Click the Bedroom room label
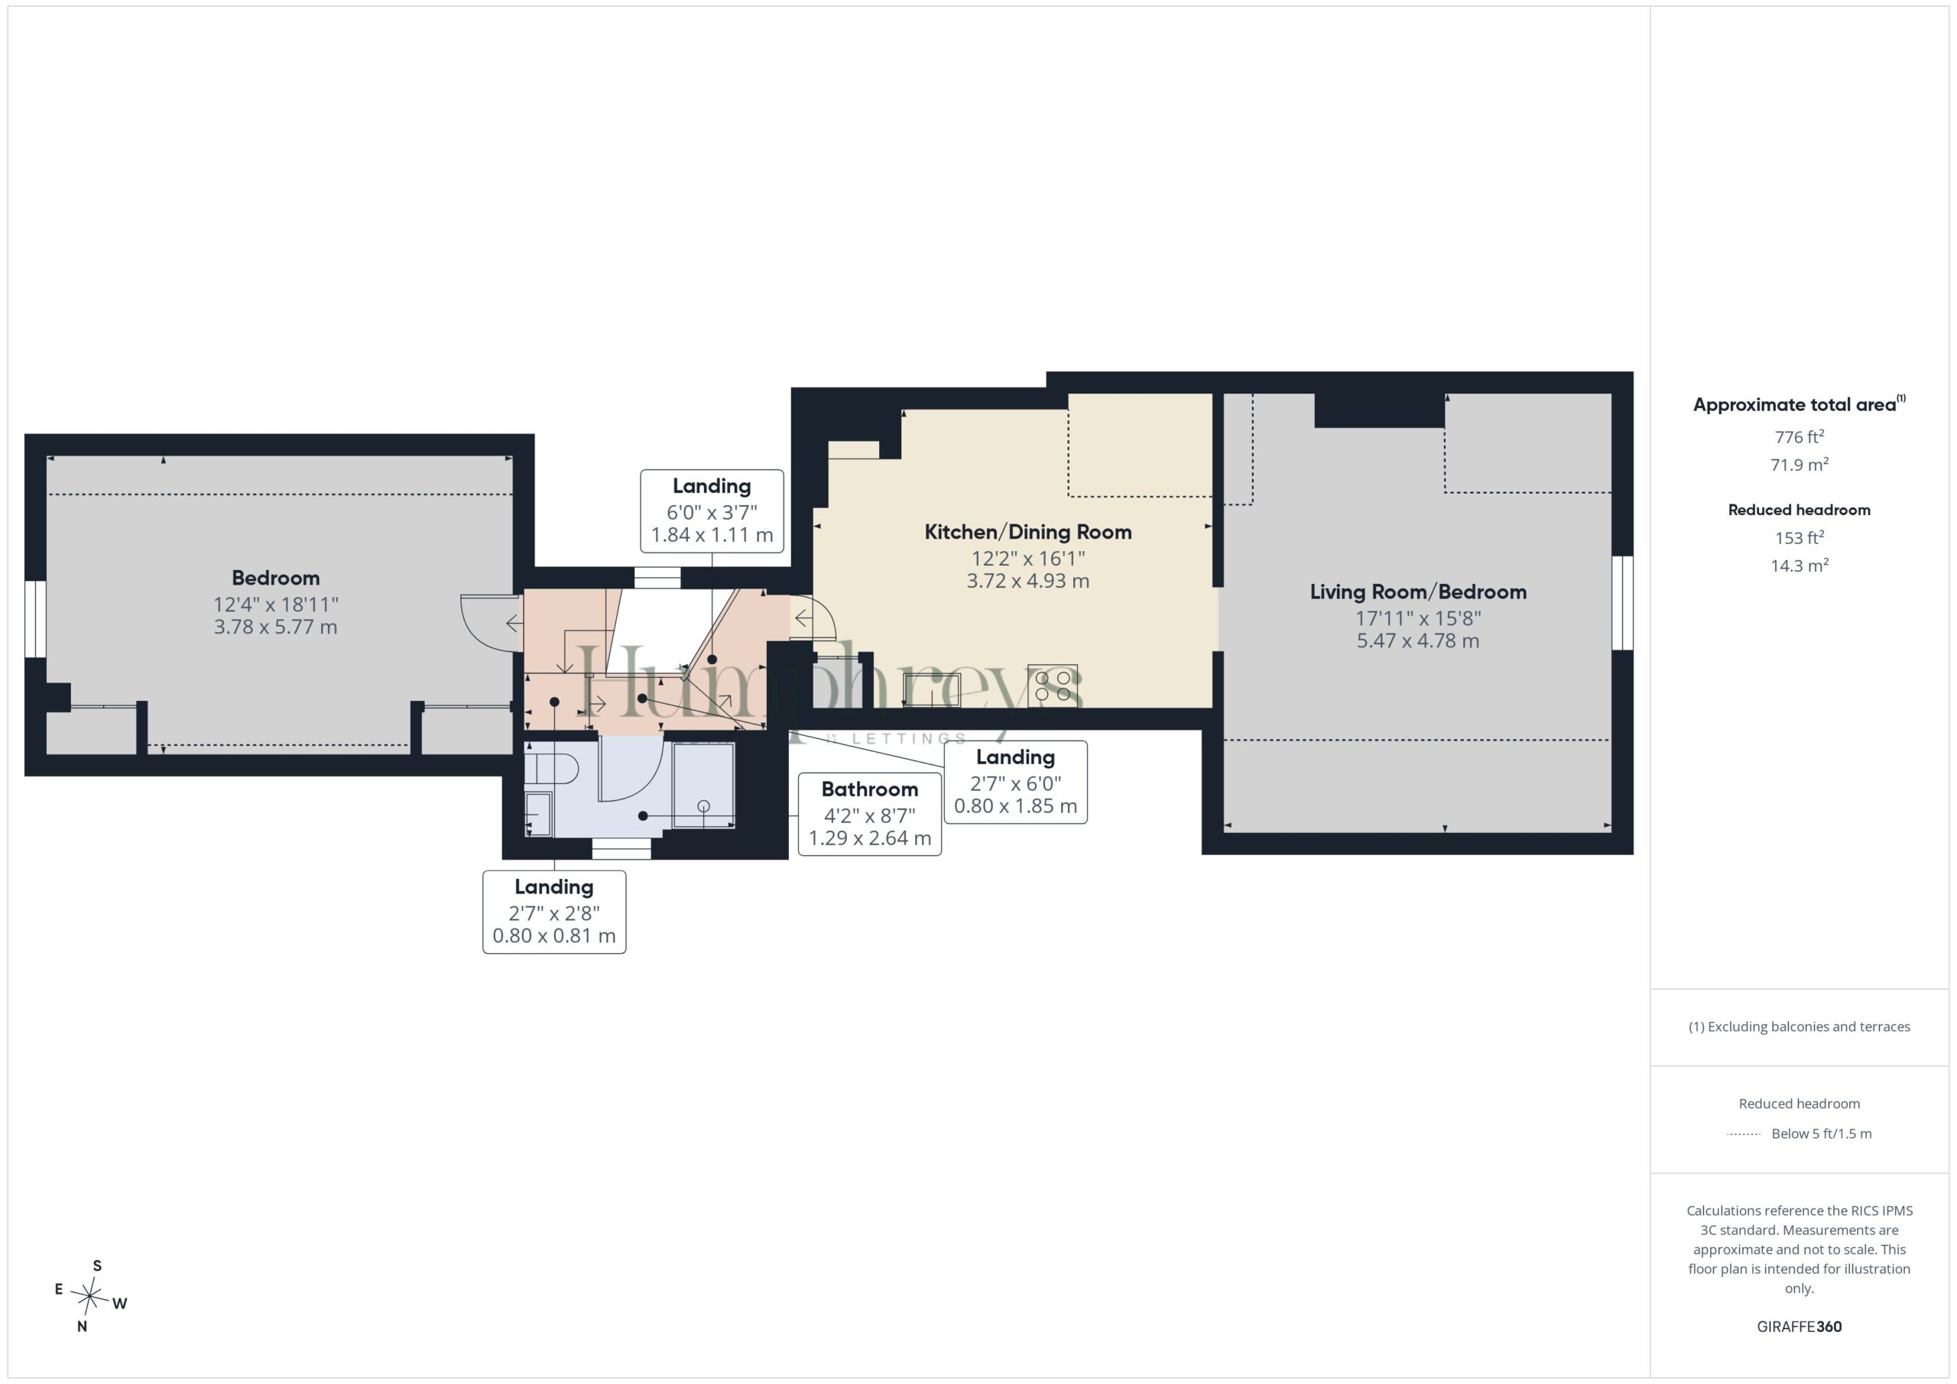click(275, 578)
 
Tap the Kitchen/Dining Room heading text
click(1028, 532)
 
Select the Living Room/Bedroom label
click(1418, 592)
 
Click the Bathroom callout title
click(869, 789)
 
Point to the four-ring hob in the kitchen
click(1053, 686)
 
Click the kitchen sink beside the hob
click(932, 690)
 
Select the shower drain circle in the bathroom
click(703, 806)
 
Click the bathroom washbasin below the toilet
click(539, 814)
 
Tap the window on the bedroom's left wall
click(35, 620)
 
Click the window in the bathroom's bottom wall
click(622, 849)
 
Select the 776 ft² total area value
click(1800, 436)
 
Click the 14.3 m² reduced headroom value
click(1800, 565)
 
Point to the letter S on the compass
click(97, 1266)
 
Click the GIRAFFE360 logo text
click(1800, 1327)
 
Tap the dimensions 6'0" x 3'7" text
click(712, 512)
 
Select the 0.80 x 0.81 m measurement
click(554, 935)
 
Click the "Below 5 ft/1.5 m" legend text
click(1822, 1133)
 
